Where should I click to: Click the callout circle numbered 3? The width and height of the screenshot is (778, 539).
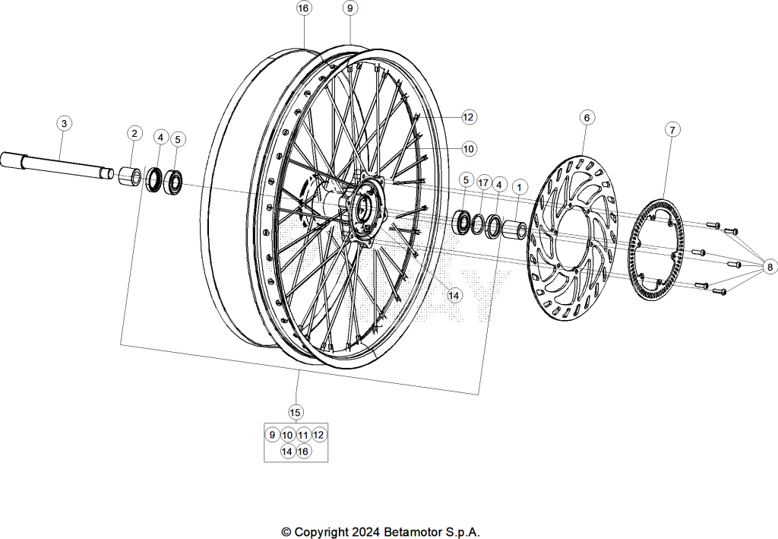64,123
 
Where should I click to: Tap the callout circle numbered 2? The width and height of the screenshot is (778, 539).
134,133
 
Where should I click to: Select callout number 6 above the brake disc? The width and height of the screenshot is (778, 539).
587,118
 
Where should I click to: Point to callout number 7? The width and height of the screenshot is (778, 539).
672,130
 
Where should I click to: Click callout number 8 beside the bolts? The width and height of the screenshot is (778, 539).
770,268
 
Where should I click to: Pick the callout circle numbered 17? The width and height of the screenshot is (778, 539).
483,183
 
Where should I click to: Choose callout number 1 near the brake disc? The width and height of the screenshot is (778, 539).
520,187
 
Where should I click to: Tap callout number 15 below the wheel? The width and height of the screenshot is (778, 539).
296,413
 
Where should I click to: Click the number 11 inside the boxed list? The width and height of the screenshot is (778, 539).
303,436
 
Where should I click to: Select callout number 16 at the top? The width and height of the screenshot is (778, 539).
304,8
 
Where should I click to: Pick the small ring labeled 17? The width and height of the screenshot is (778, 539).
477,224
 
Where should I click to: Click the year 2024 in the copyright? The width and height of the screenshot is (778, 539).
366,532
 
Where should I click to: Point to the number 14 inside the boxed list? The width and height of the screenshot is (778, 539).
286,451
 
